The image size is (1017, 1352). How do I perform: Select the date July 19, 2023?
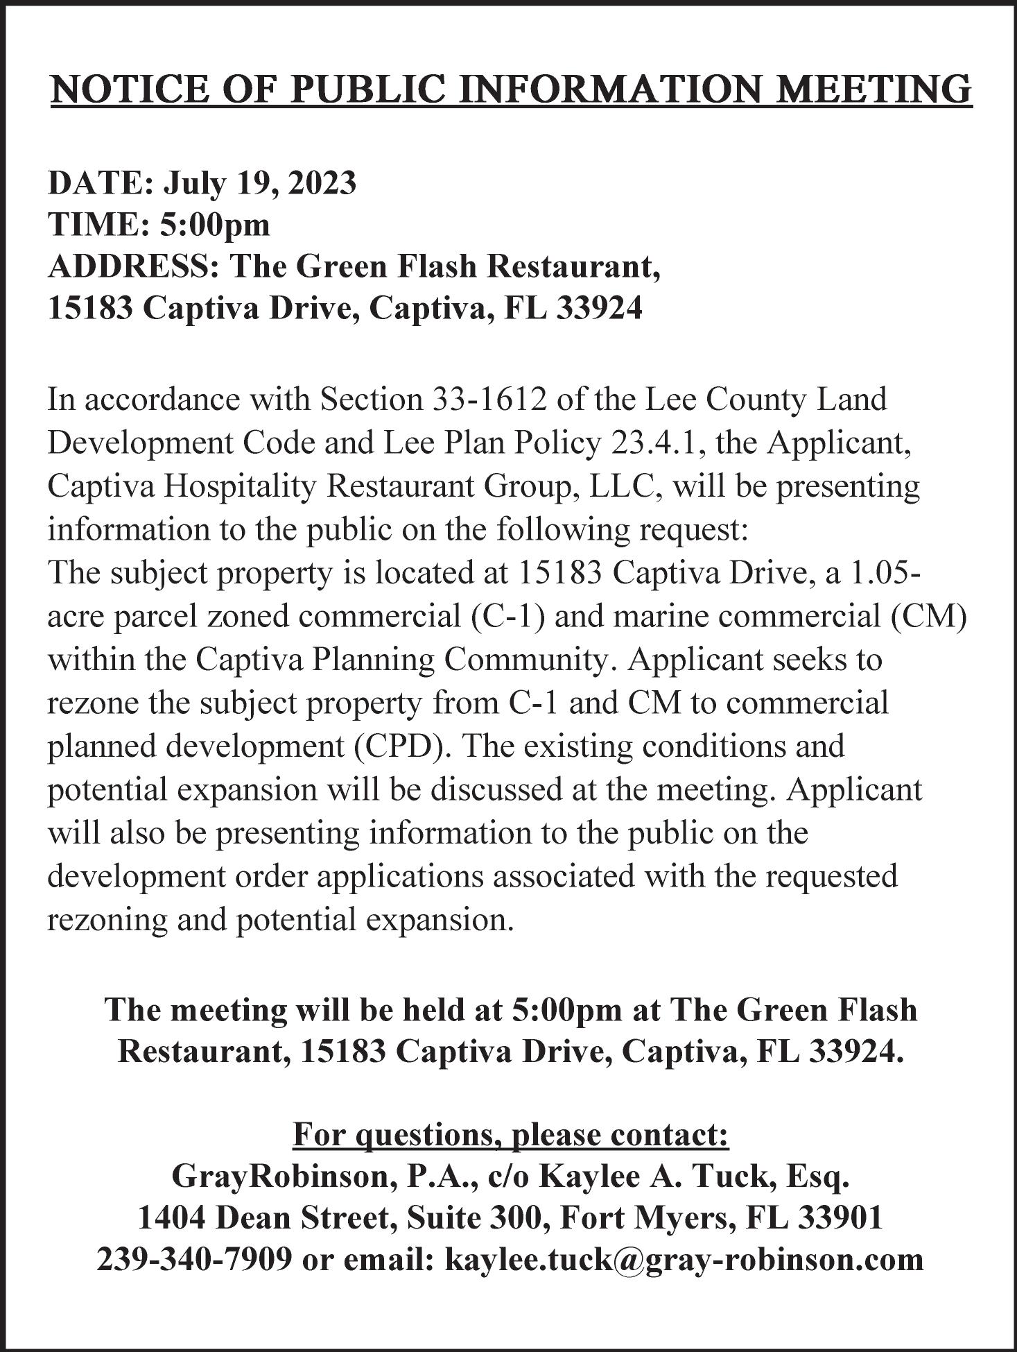pos(260,183)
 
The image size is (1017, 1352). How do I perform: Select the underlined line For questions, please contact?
pos(510,1136)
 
